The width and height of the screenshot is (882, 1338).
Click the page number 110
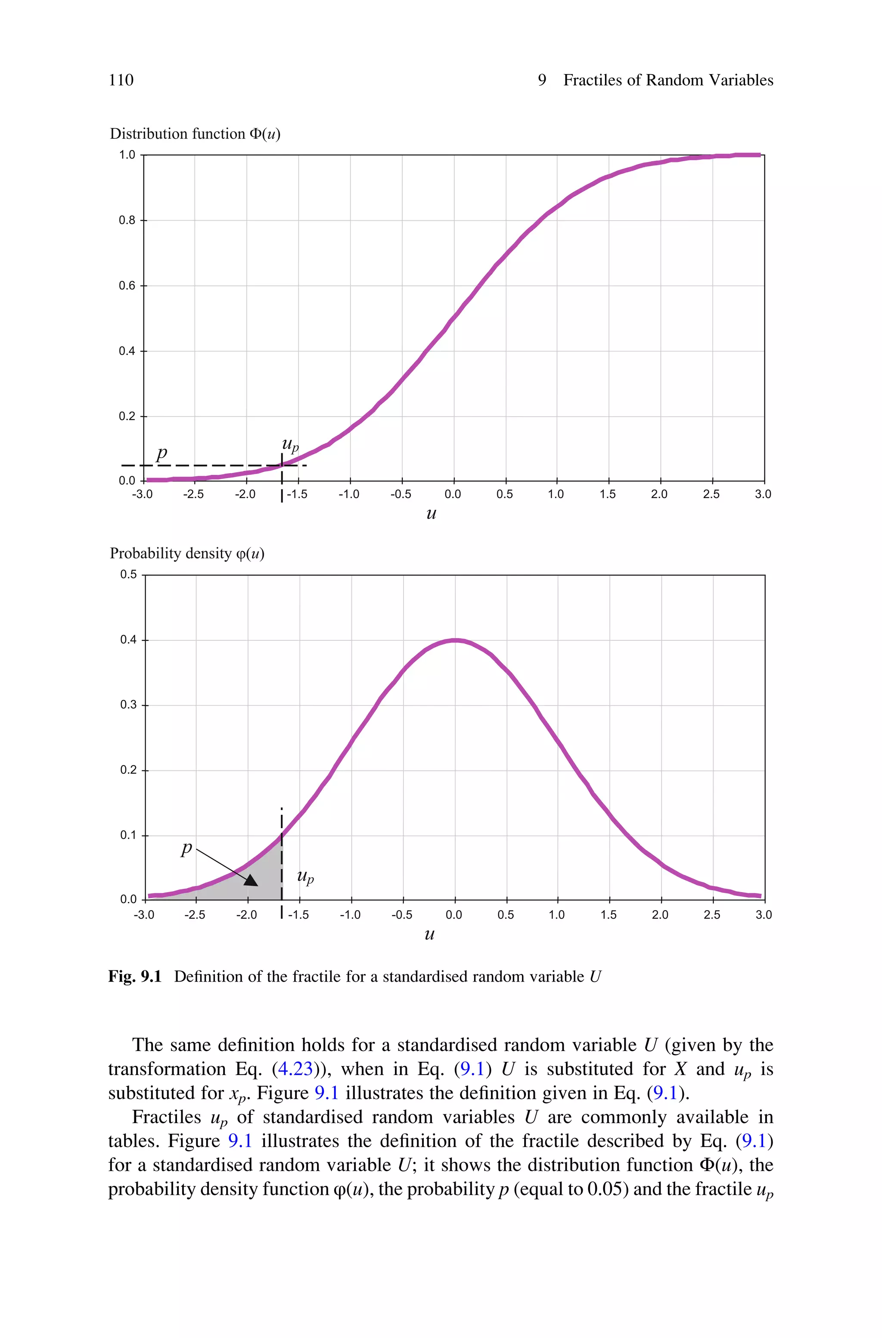click(x=121, y=80)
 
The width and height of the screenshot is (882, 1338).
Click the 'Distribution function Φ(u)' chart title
click(x=195, y=134)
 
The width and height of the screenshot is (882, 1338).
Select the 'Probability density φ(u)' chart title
click(x=187, y=554)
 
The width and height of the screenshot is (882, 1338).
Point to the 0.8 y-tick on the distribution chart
click(x=127, y=221)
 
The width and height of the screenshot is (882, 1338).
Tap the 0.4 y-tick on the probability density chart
click(x=128, y=640)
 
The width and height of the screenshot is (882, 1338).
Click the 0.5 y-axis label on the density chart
click(x=128, y=574)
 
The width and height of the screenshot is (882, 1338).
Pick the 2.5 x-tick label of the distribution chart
click(x=711, y=495)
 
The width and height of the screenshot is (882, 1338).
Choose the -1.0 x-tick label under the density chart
click(x=350, y=915)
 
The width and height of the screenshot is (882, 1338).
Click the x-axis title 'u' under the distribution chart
click(x=431, y=514)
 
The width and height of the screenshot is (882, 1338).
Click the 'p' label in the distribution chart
click(x=161, y=452)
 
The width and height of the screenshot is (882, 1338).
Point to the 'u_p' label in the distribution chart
click(x=290, y=445)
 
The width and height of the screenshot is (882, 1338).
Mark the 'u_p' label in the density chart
click(x=305, y=876)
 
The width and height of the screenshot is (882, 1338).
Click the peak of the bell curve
click(x=454, y=640)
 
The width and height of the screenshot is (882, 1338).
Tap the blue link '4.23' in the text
click(x=295, y=1069)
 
